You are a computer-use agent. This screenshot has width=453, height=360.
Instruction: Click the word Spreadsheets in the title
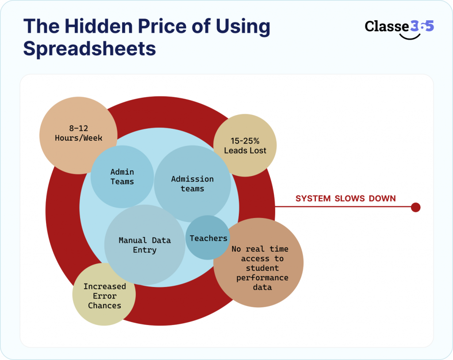click(89, 48)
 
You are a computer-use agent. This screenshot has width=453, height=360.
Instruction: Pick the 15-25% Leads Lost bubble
click(245, 146)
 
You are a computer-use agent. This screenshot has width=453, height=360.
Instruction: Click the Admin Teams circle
click(122, 176)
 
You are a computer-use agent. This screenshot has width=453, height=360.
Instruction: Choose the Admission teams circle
click(192, 184)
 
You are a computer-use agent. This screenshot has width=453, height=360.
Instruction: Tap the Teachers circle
click(208, 238)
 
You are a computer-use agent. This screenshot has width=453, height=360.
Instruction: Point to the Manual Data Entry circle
click(145, 245)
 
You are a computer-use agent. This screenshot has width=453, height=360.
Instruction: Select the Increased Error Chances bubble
click(104, 295)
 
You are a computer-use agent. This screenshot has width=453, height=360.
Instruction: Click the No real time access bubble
click(259, 265)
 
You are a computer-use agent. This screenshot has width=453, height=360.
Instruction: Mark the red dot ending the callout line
click(415, 207)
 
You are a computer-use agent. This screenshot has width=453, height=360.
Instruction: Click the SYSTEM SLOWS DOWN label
click(346, 199)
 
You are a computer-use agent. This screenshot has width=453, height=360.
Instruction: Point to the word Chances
click(104, 306)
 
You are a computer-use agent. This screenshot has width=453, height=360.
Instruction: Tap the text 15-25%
click(245, 141)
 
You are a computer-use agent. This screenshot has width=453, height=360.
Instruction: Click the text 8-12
click(78, 128)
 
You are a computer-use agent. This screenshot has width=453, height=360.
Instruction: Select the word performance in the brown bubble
click(262, 278)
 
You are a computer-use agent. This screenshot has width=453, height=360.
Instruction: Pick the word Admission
click(192, 179)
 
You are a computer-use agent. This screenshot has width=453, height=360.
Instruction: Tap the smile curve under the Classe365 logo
click(409, 36)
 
